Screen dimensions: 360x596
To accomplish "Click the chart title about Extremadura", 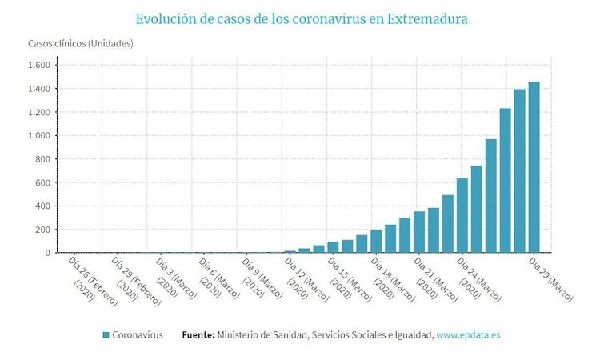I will coord(302,18).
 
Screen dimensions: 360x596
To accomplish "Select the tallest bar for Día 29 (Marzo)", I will coord(534,168).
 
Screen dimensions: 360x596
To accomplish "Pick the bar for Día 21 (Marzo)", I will coord(419,233).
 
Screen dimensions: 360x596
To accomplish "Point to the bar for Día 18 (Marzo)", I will coord(376,242).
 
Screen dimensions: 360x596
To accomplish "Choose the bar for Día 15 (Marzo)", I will coord(333,248).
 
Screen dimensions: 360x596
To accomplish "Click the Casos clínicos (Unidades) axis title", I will coord(81,43).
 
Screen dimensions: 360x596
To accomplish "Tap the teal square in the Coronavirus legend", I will coord(106,335).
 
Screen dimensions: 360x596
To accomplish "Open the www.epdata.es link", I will coord(469,335).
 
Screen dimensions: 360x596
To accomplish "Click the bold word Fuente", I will coord(198,335).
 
